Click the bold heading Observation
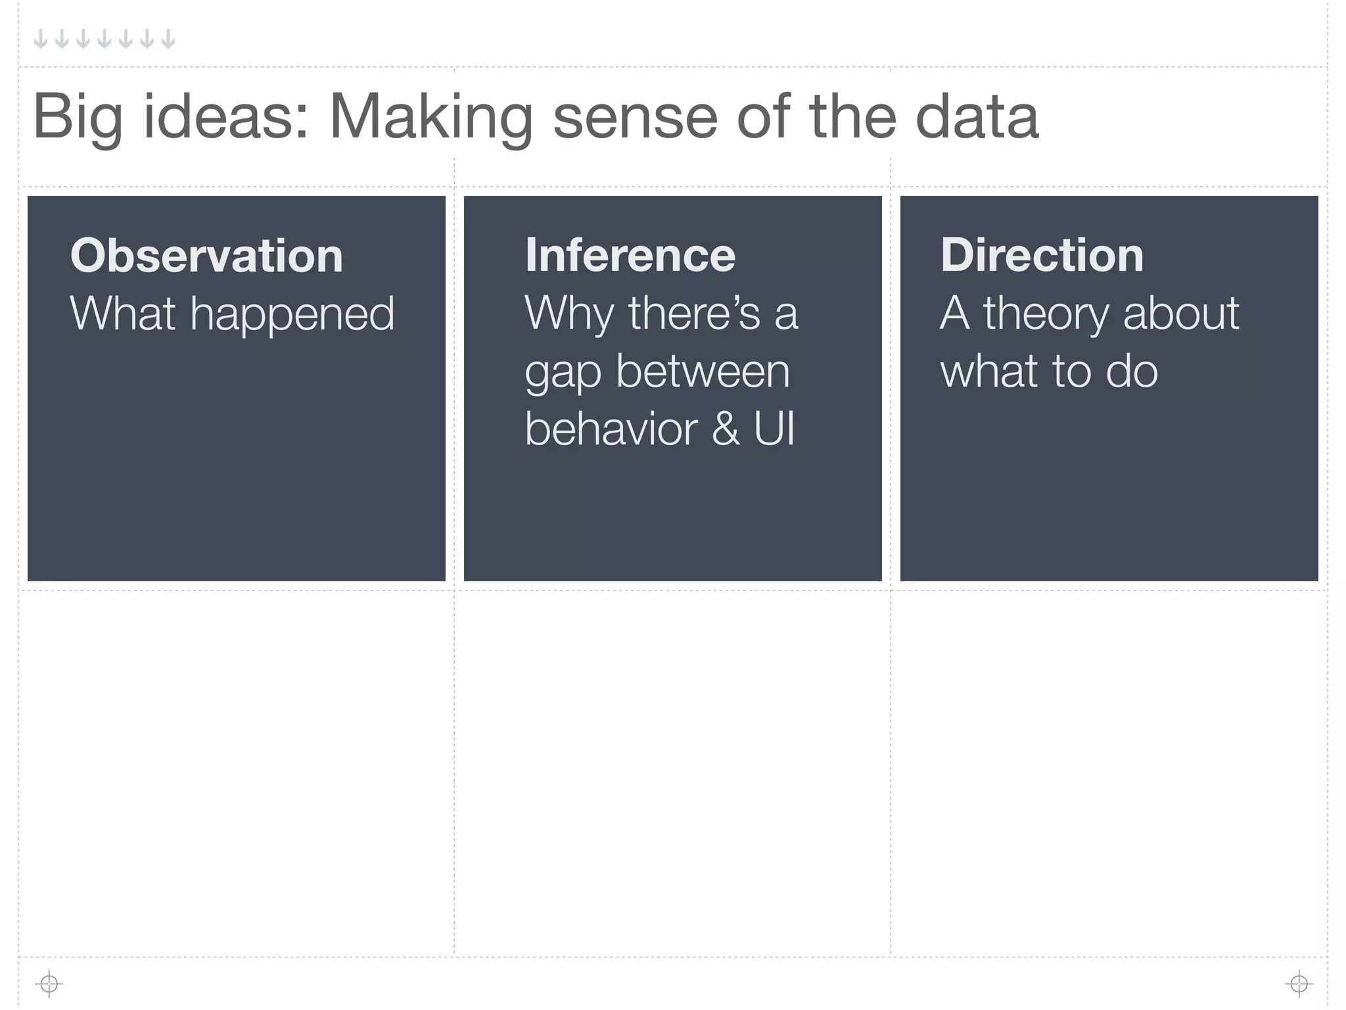click(206, 256)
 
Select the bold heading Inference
click(630, 255)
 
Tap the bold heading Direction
click(1042, 255)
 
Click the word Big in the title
click(78, 117)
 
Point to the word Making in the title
click(430, 117)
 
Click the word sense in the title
click(634, 117)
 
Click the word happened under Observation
click(292, 314)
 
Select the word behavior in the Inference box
click(611, 429)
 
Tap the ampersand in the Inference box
click(725, 429)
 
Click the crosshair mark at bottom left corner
click(49, 984)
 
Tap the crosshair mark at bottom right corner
click(1299, 984)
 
